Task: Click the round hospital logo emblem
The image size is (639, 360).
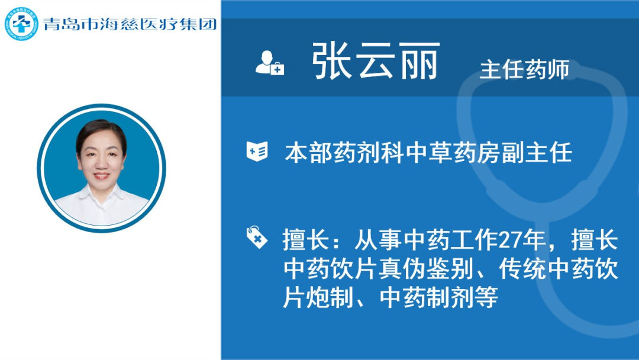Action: (21, 24)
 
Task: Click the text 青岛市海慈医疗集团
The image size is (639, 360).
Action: (130, 24)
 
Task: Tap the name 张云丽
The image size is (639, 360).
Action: (376, 61)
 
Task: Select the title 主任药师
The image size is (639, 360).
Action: (524, 69)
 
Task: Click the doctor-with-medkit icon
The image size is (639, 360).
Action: (269, 63)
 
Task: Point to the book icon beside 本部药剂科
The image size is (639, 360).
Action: (257, 151)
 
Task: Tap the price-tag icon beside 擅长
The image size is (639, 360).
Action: (257, 237)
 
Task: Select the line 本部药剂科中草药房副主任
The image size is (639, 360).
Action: (428, 153)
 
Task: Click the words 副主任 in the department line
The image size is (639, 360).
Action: (537, 153)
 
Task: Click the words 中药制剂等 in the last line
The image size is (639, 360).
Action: (438, 298)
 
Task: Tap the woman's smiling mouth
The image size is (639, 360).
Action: (101, 176)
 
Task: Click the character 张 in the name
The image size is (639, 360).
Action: (331, 61)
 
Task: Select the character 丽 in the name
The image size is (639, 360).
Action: (420, 61)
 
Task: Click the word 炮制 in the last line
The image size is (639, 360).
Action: (330, 298)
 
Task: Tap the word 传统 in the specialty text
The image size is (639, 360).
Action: (522, 269)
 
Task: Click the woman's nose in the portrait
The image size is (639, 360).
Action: (101, 163)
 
